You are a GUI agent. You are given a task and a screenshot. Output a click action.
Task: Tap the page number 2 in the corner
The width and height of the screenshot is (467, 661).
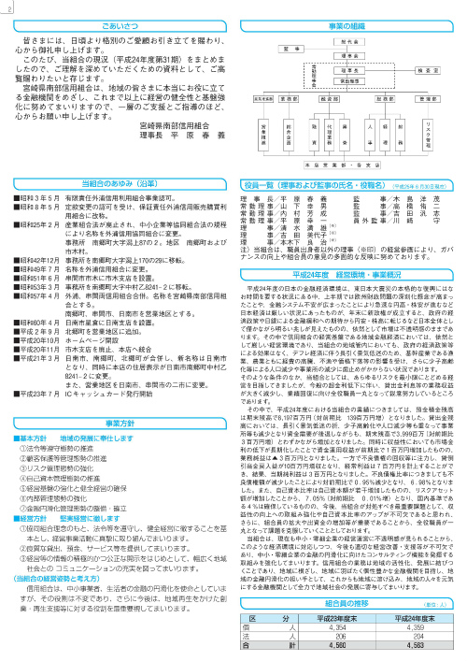point(6,6)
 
